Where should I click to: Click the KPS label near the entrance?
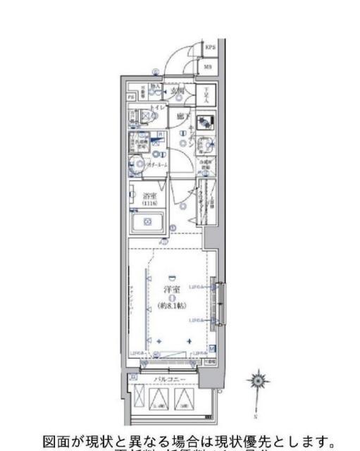209,49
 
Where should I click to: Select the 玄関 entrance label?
176,91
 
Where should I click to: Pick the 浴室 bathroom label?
149,197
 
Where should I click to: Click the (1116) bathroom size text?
149,204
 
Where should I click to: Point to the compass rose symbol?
258,381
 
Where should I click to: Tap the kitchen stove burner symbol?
205,121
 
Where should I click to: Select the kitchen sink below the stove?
204,145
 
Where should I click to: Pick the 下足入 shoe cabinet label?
202,92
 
